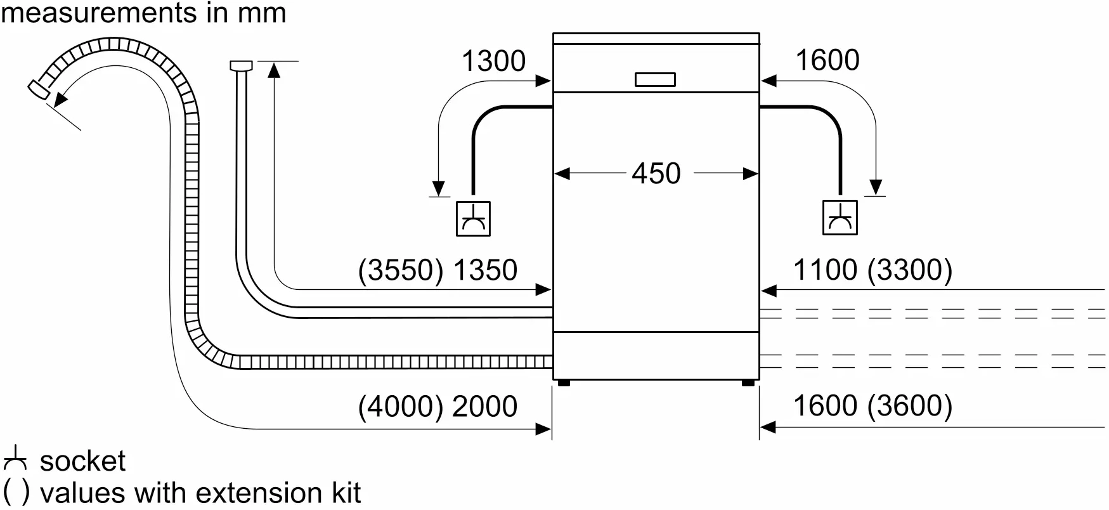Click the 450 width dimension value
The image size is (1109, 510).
click(656, 173)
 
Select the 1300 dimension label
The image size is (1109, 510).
click(493, 62)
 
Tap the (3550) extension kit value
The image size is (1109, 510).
click(401, 270)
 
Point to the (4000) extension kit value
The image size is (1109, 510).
click(401, 407)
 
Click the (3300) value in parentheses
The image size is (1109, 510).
click(910, 270)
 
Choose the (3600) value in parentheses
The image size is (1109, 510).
click(910, 406)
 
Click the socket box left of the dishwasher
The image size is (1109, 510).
click(474, 219)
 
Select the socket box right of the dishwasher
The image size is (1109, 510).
click(840, 218)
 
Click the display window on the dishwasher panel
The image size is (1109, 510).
click(655, 79)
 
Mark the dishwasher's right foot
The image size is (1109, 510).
click(748, 383)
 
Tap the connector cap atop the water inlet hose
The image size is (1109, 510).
click(241, 65)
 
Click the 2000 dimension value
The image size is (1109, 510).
click(485, 407)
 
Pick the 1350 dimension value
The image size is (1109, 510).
click(485, 270)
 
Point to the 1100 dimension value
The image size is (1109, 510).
click(825, 270)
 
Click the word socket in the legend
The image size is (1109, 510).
click(83, 461)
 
